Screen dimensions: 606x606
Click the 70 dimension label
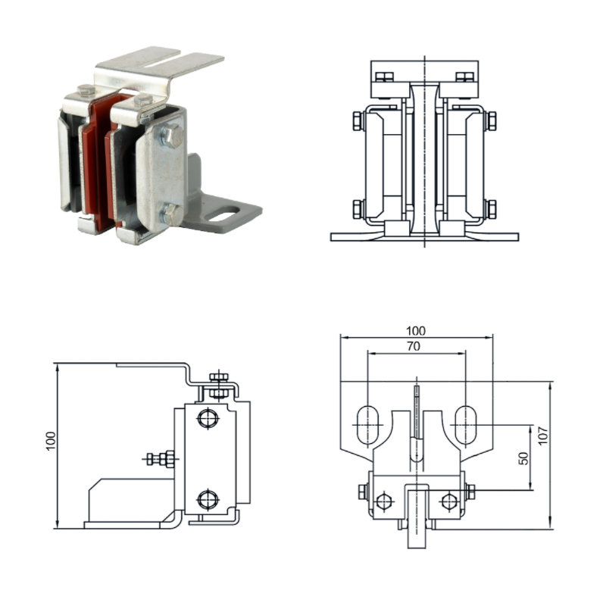[x=414, y=346]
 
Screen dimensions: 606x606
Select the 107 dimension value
[x=543, y=436]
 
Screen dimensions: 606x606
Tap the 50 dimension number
[x=523, y=458]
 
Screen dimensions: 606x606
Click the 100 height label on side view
[x=51, y=441]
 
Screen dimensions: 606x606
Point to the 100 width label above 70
[x=416, y=331]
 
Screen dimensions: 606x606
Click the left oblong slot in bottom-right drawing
[x=367, y=425]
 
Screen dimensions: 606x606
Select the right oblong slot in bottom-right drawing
[x=466, y=425]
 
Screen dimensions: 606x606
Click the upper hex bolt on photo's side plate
[x=173, y=136]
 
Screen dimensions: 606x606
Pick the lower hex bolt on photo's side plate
[x=171, y=214]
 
